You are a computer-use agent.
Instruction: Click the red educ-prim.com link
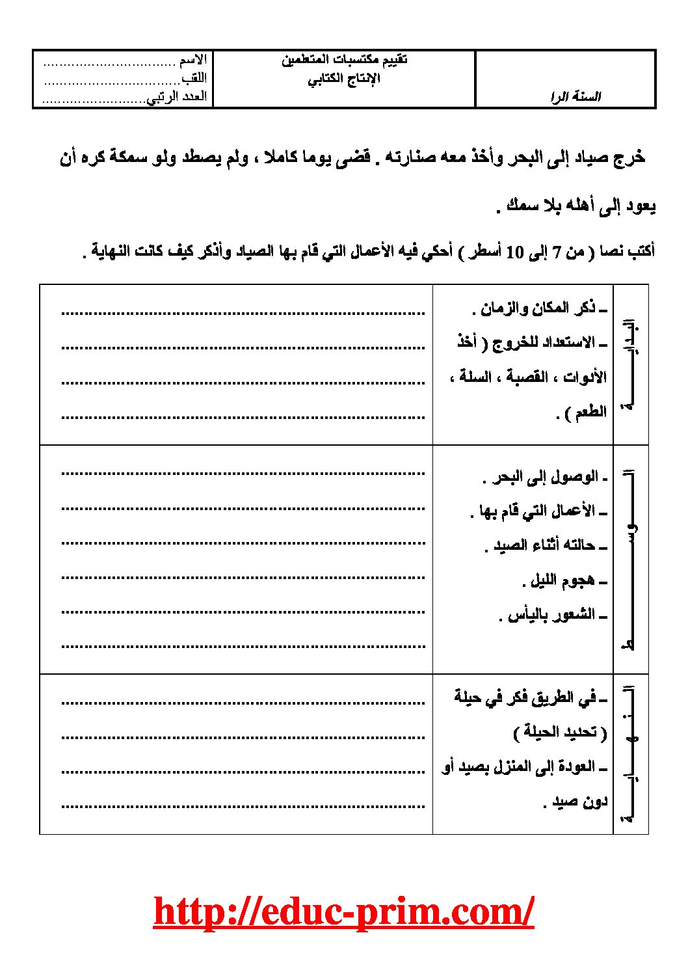[x=343, y=911]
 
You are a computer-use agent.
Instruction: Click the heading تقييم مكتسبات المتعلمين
[x=345, y=60]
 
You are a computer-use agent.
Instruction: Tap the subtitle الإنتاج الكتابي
[x=343, y=79]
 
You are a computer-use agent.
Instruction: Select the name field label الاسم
[x=193, y=61]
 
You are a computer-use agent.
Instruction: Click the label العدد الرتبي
[x=177, y=97]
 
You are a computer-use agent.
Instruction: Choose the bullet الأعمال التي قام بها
[x=537, y=511]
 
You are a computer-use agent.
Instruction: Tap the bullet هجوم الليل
[x=562, y=580]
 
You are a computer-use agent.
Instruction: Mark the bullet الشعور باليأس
[x=551, y=615]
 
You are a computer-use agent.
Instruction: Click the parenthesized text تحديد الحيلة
[x=560, y=733]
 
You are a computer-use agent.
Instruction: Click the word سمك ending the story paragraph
[x=522, y=206]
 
